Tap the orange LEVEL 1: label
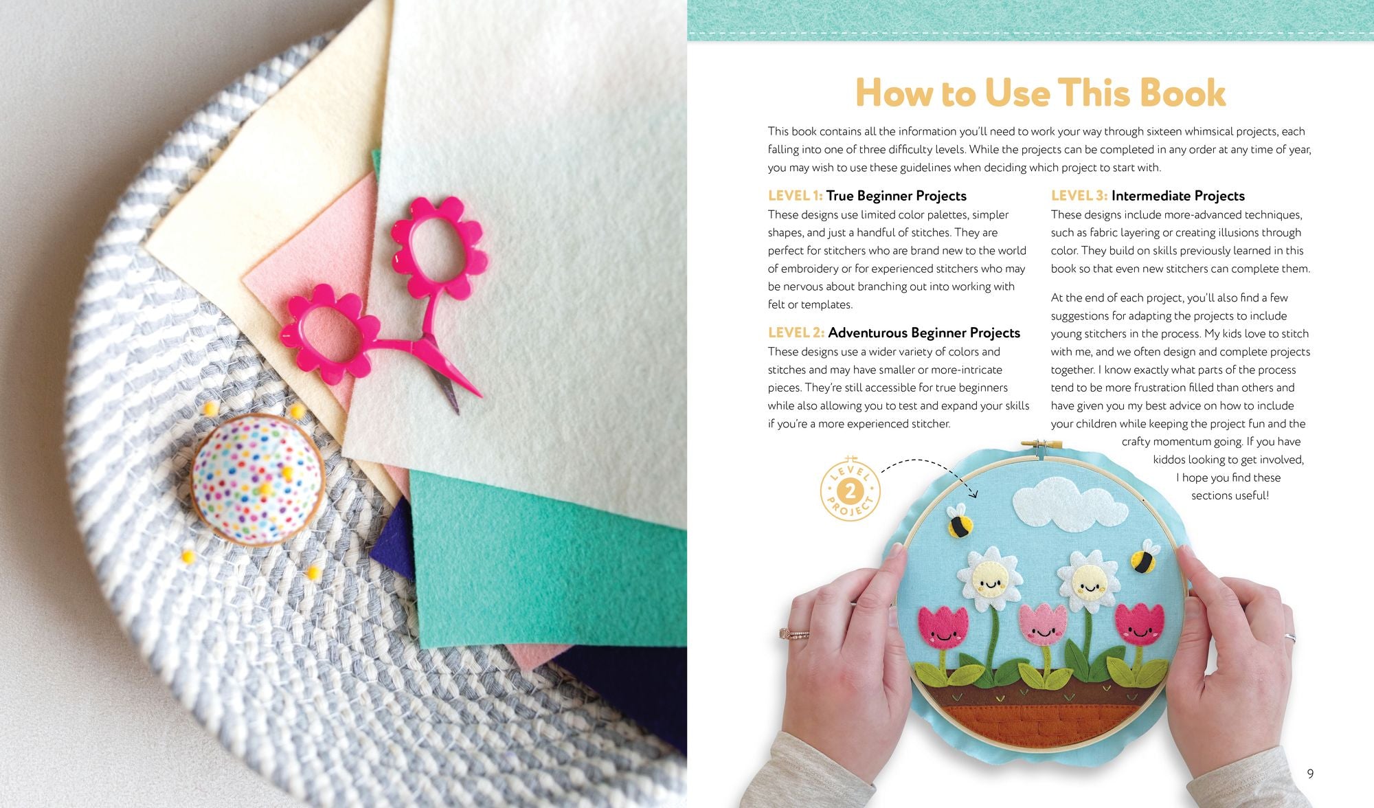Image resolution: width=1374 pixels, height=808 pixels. [795, 196]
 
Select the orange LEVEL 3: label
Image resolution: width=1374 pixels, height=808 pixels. [1079, 196]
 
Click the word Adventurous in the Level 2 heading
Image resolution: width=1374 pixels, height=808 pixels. [868, 333]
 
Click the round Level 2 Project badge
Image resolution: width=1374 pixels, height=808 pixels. [851, 491]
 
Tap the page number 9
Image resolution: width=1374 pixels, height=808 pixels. [1310, 774]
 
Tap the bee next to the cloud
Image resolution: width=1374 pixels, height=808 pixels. [960, 520]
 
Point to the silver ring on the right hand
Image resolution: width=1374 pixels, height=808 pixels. [1290, 638]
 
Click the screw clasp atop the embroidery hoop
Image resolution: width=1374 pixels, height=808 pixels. [1041, 447]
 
